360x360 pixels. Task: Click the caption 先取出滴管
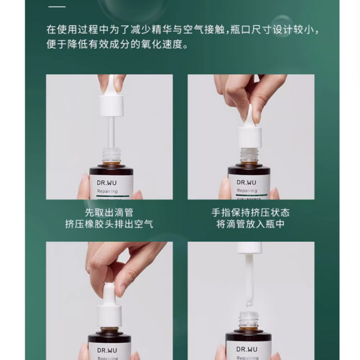click(x=109, y=212)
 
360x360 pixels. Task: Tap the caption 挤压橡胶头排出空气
click(x=109, y=224)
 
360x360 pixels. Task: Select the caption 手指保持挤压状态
click(x=251, y=212)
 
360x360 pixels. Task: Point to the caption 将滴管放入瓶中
click(x=251, y=224)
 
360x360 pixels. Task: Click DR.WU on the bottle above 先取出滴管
click(x=109, y=182)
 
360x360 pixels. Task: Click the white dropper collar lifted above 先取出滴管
click(x=111, y=105)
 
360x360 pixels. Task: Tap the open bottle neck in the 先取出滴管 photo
click(x=111, y=154)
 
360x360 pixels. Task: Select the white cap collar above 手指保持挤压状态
click(x=250, y=137)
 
